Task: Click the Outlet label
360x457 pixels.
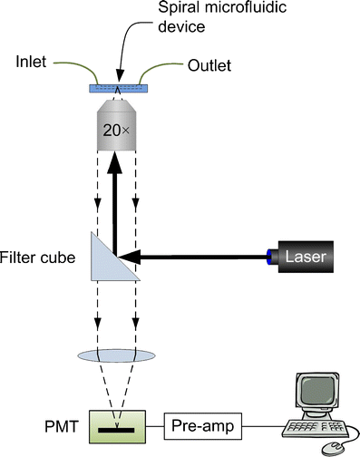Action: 210,65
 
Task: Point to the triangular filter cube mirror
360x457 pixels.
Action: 114,261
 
